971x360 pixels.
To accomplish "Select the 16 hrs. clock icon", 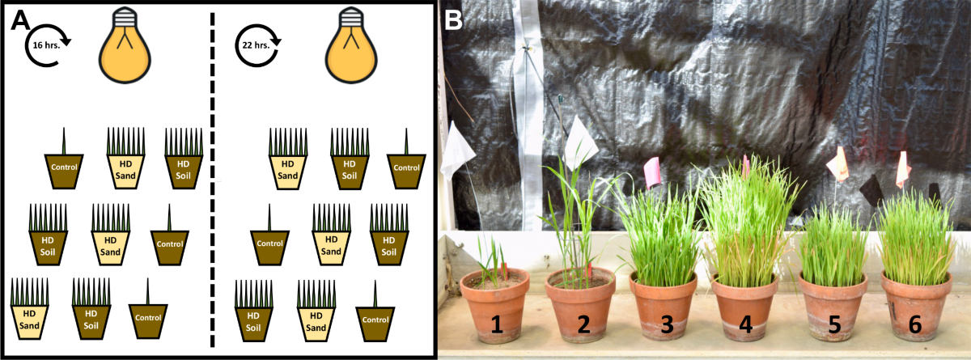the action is coord(49,45).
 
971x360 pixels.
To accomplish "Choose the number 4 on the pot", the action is coord(745,324).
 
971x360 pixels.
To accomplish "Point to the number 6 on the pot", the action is coord(914,324).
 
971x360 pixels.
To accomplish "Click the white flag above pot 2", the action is coord(582,141).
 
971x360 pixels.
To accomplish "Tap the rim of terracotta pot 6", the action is coord(915,284).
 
